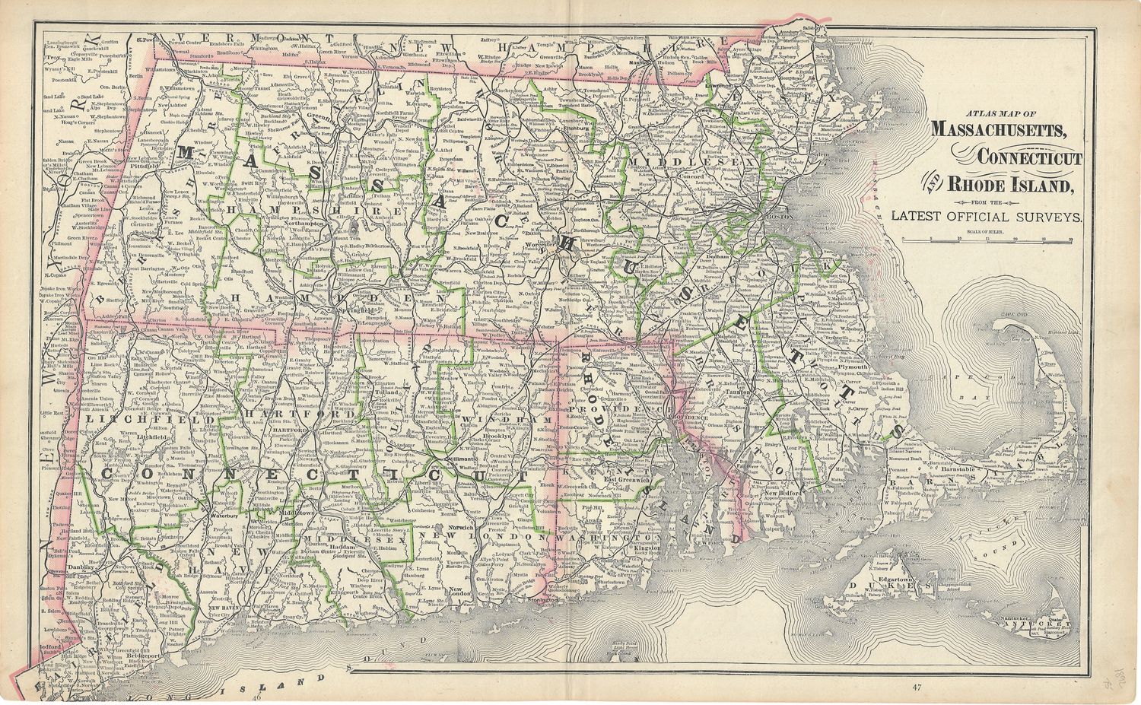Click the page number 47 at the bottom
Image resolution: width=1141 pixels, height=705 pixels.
click(920, 688)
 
